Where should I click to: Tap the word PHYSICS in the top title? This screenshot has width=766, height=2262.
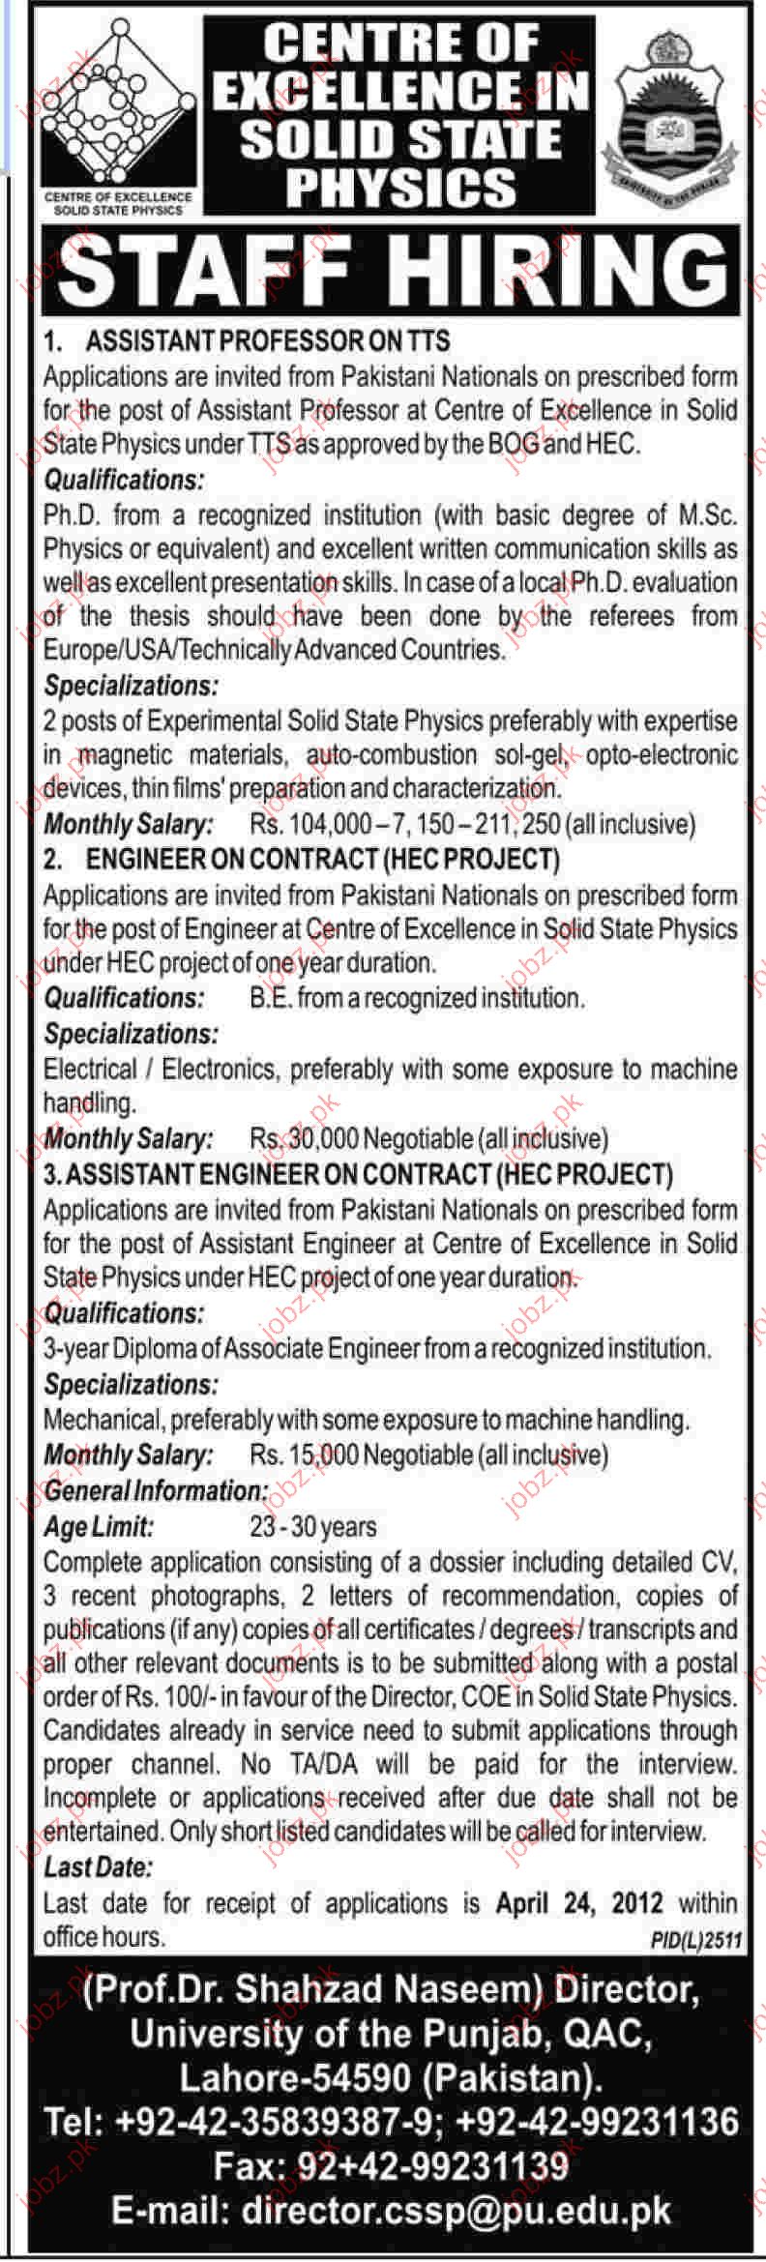coord(400,187)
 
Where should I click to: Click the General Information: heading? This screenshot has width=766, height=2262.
coord(156,1490)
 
